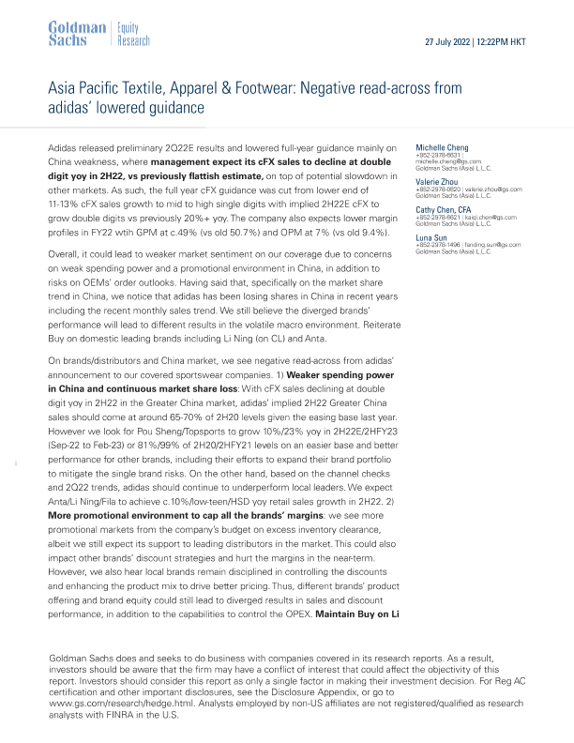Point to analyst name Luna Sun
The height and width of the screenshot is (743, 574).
(430, 239)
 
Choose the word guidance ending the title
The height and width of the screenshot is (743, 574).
(173, 107)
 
